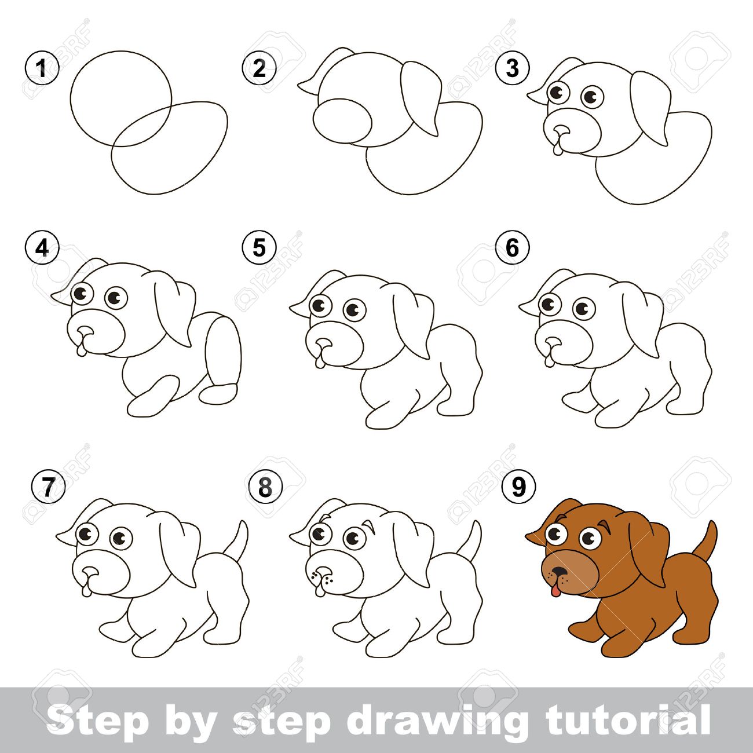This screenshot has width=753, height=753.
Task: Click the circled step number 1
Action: (x=42, y=69)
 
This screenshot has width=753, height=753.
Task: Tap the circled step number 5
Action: (x=259, y=247)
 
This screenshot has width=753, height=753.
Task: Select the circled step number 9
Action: (x=518, y=486)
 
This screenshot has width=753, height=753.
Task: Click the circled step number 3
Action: (x=512, y=68)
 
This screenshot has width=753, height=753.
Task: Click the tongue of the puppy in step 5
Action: (x=320, y=361)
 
